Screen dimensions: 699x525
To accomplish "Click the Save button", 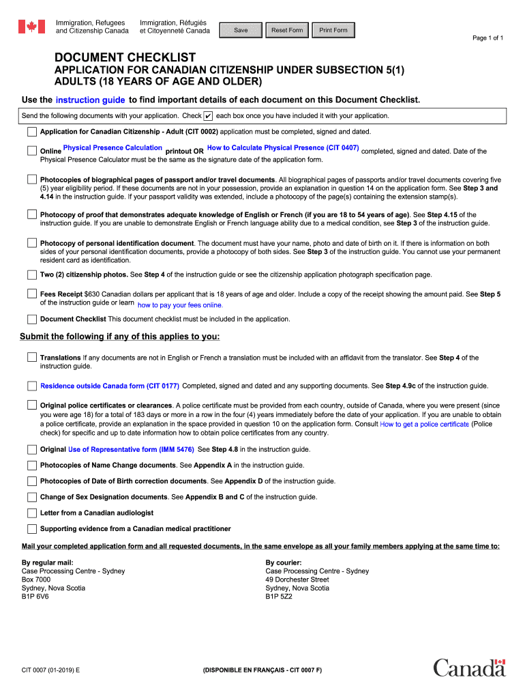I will [x=241, y=30].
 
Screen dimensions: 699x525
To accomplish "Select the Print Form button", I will [x=333, y=30].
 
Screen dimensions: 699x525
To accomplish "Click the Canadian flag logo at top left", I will [x=31, y=27].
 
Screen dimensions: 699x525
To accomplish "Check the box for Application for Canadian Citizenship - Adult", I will [x=32, y=132].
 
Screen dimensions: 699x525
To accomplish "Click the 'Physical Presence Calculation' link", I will [x=112, y=147].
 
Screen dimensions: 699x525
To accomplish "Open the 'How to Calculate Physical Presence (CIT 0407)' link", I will [x=283, y=147].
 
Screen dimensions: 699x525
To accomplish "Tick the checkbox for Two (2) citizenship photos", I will [x=32, y=274].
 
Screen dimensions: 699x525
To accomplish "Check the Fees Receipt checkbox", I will [x=32, y=294].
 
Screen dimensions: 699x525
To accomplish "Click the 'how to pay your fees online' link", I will [x=180, y=305].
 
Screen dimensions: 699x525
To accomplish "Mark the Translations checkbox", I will [x=32, y=357].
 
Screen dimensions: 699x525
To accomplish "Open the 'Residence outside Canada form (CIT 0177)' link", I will [x=110, y=386].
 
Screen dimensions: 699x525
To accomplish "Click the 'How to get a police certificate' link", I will [x=424, y=424].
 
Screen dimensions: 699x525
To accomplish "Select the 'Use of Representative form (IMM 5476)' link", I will [x=131, y=449].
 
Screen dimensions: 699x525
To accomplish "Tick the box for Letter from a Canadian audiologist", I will [x=32, y=513].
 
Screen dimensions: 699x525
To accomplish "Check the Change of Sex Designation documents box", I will [x=32, y=497].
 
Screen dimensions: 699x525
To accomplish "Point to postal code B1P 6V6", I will [x=35, y=596].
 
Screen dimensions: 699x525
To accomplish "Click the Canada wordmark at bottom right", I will [x=469, y=668].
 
